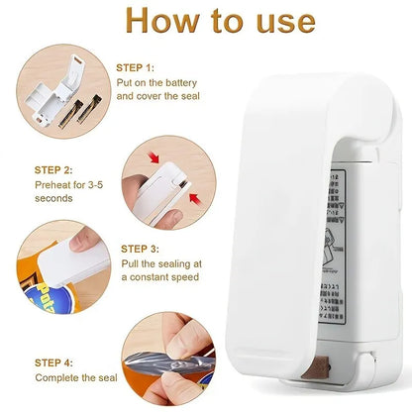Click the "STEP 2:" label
click(x=53, y=170)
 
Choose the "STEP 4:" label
click(x=54, y=362)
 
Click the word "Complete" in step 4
click(x=60, y=377)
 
